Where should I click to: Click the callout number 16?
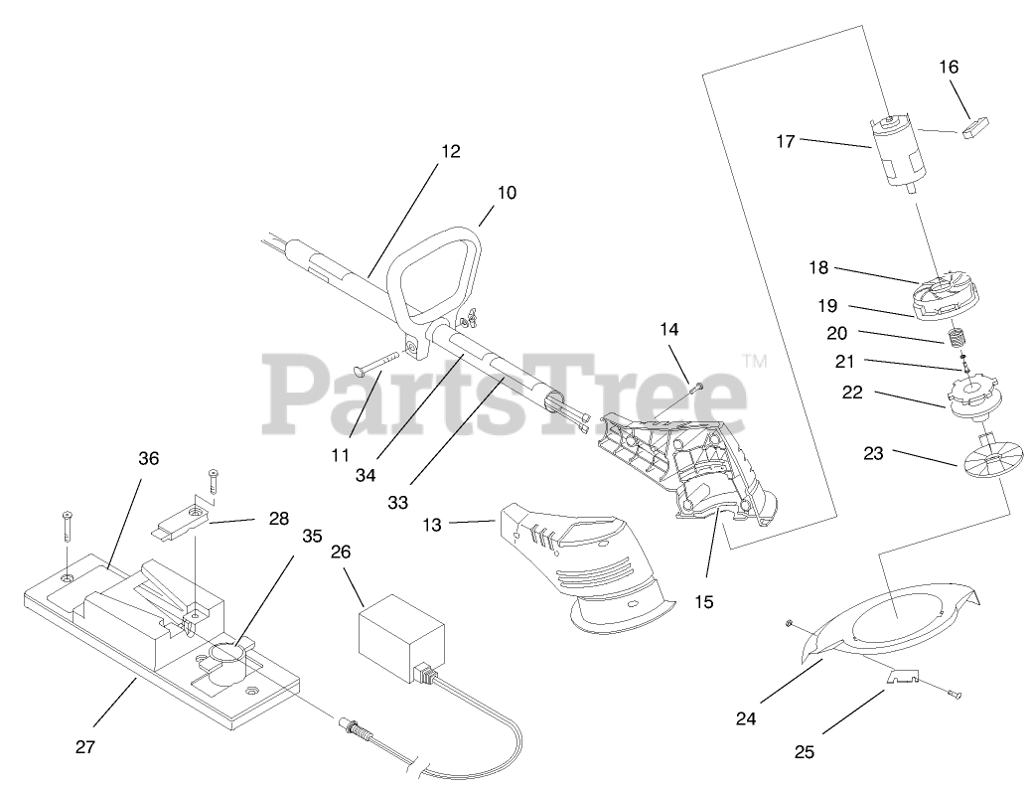point(949,68)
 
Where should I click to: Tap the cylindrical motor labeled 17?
point(897,154)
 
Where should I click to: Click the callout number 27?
point(85,746)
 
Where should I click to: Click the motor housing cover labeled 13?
point(586,566)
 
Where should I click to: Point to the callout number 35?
point(312,535)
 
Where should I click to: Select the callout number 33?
point(398,503)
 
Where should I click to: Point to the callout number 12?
point(451,152)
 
